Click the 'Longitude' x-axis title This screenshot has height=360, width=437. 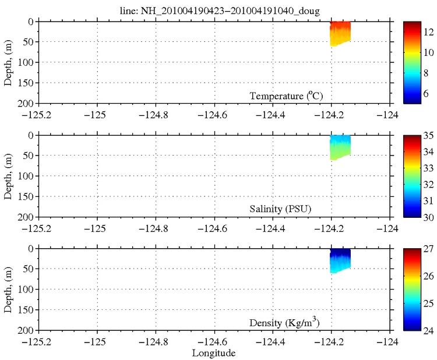[214, 352]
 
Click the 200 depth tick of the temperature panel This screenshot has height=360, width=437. [26, 104]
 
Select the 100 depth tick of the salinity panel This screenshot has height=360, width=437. [26, 176]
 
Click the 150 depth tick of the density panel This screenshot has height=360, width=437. [26, 310]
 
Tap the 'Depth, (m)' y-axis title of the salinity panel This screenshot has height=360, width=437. [9, 175]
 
